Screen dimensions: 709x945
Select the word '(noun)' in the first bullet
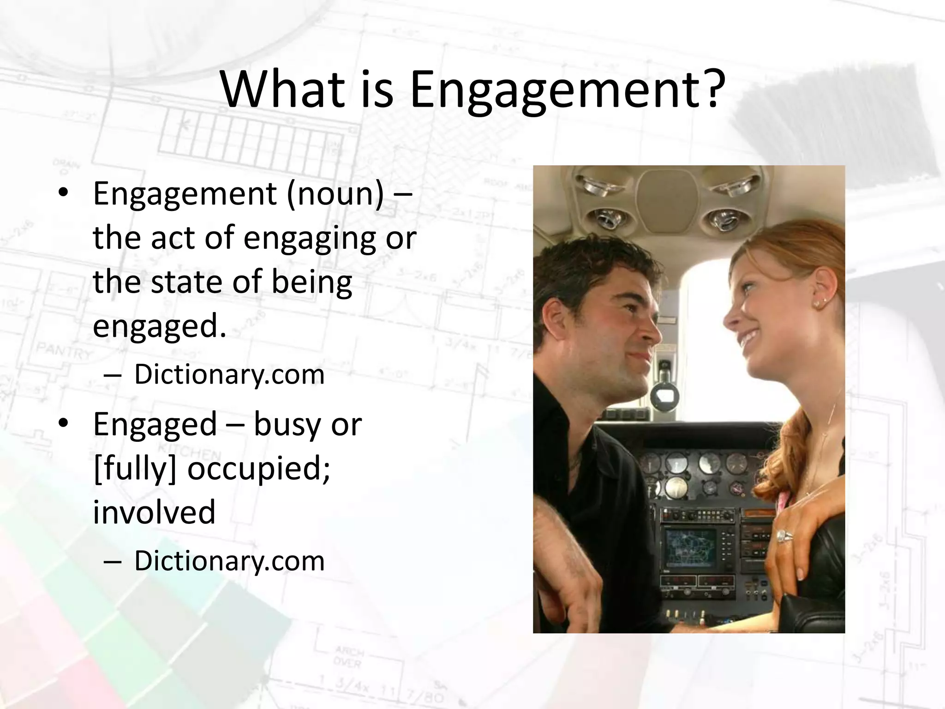[x=335, y=194]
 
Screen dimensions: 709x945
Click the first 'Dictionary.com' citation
[x=229, y=374]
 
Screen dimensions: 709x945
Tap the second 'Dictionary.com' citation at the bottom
[x=229, y=561]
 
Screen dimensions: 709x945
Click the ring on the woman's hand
[x=784, y=536]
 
